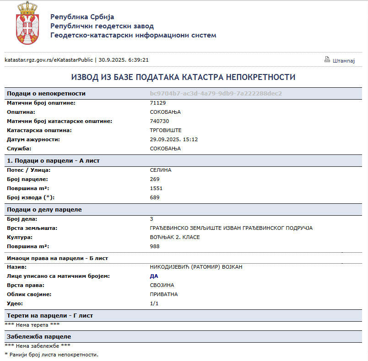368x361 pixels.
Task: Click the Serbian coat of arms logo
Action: [x=27, y=23]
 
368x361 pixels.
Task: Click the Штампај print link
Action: [x=344, y=60]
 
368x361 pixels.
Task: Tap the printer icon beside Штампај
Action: [x=327, y=59]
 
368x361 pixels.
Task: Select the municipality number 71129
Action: [x=157, y=103]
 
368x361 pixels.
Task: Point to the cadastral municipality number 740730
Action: [x=159, y=121]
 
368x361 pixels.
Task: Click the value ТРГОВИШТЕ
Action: [x=166, y=130]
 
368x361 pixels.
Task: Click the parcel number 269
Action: [x=155, y=179]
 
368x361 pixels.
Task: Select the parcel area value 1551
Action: [x=156, y=188]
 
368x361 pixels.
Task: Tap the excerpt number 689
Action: [x=155, y=197]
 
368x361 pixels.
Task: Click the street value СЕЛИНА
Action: [x=161, y=170]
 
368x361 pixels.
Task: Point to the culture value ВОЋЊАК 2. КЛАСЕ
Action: [x=175, y=237]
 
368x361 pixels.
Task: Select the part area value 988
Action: [x=155, y=246]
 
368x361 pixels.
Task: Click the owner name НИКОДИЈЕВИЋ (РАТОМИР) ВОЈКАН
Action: [x=196, y=267]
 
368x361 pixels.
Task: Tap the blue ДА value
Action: [x=154, y=276]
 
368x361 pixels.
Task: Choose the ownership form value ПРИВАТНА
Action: [x=164, y=294]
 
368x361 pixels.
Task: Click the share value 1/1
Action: [x=154, y=303]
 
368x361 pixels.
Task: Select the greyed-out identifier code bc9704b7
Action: [x=216, y=93]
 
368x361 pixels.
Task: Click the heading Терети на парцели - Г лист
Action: [x=52, y=316]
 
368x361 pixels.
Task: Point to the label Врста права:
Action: [x=25, y=285]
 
